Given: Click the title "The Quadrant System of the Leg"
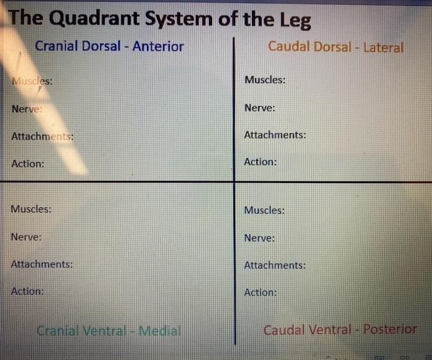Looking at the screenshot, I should pyautogui.click(x=160, y=19).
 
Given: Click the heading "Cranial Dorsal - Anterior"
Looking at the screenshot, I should pyautogui.click(x=109, y=46).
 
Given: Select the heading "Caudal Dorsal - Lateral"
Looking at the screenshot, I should pyautogui.click(x=336, y=47).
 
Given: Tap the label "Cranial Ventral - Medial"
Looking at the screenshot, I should pyautogui.click(x=109, y=331).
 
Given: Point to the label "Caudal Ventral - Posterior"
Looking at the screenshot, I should pyautogui.click(x=340, y=330).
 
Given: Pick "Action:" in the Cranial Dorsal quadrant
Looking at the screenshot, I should pyautogui.click(x=28, y=164).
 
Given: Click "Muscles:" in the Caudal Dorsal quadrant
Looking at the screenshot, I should pyautogui.click(x=265, y=80).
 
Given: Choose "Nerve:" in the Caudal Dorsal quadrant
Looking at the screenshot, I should pyautogui.click(x=260, y=108).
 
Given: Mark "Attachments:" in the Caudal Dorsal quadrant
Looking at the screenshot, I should pyautogui.click(x=275, y=135).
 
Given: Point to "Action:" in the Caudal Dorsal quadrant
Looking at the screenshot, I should pyautogui.click(x=260, y=162).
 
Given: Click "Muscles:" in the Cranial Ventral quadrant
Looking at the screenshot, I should pyautogui.click(x=31, y=209).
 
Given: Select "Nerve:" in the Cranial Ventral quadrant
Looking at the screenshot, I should pyautogui.click(x=27, y=237).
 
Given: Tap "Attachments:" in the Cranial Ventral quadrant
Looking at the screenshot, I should pyautogui.click(x=42, y=264).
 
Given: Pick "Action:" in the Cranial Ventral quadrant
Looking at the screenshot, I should pyautogui.click(x=27, y=291).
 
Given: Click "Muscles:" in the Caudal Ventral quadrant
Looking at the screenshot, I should pyautogui.click(x=264, y=210).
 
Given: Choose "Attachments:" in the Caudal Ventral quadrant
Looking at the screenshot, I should pyautogui.click(x=275, y=266).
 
